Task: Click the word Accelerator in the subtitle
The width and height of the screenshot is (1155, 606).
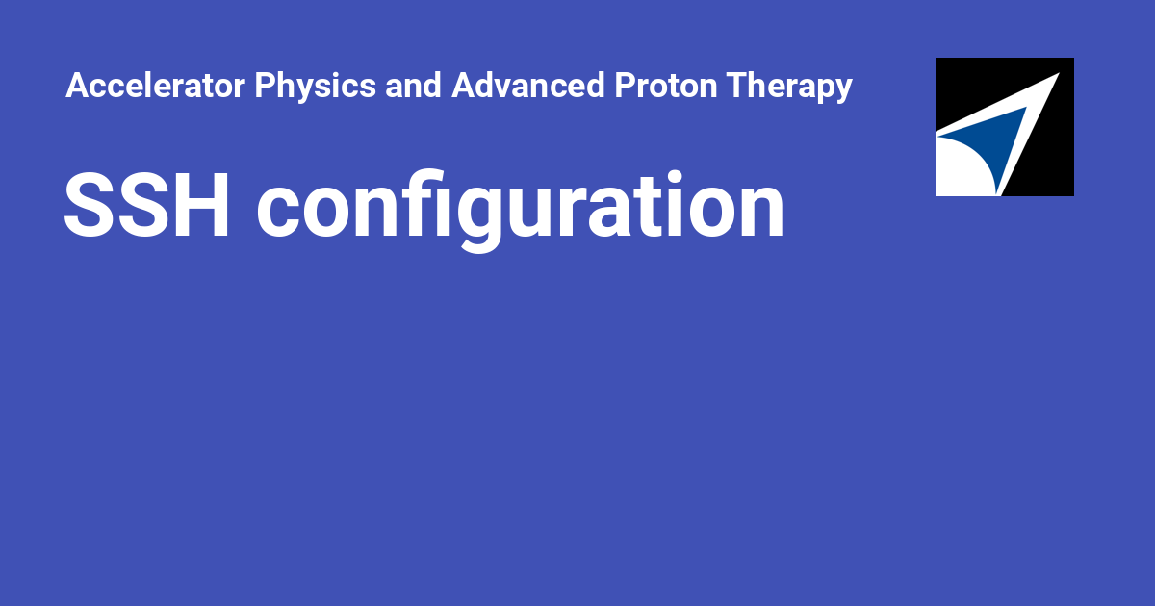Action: (155, 86)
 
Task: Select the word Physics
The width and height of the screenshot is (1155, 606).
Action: (315, 87)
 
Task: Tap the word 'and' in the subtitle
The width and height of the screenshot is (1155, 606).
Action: (413, 86)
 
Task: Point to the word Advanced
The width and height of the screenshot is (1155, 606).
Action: (528, 86)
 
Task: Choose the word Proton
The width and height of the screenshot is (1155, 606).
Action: (666, 86)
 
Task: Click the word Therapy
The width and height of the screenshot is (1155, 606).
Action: (789, 87)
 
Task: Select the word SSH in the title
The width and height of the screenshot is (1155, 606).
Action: (146, 205)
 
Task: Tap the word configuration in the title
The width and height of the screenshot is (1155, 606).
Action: (521, 212)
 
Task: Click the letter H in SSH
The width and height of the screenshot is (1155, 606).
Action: (200, 205)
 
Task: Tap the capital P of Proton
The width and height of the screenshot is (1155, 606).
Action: (626, 86)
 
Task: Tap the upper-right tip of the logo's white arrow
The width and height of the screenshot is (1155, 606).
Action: (1059, 74)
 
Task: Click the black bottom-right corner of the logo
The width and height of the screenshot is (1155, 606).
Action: (1073, 195)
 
